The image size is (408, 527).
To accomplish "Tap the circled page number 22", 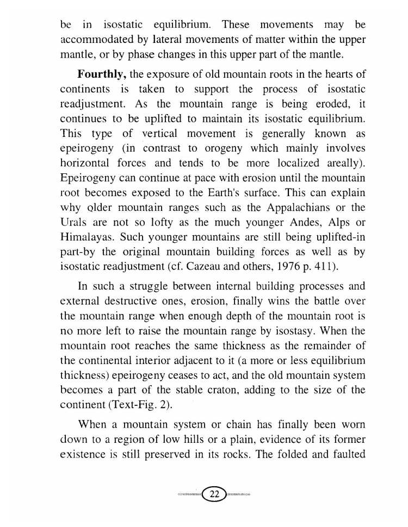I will tap(214, 494).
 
